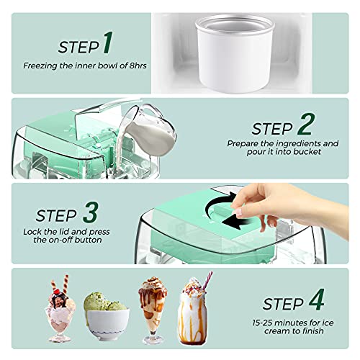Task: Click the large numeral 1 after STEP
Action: (108, 42)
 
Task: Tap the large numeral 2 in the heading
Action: (306, 125)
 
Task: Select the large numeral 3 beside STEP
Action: (91, 212)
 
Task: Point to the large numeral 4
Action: (316, 300)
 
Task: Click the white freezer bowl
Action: (235, 53)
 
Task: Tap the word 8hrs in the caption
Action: (138, 66)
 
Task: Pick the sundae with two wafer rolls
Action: (60, 310)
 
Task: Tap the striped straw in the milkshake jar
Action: (207, 281)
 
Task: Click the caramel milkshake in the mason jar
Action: (193, 312)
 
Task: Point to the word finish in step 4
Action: (311, 331)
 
